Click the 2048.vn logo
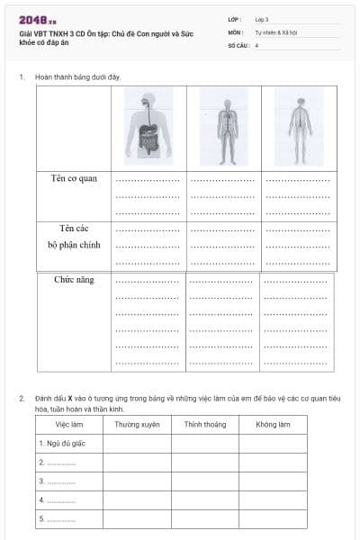tap(38, 20)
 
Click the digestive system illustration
tap(148, 126)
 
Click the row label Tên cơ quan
tap(76, 178)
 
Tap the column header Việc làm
tap(69, 424)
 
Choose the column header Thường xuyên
tap(138, 424)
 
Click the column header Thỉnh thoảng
tap(204, 424)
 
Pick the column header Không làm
tap(273, 424)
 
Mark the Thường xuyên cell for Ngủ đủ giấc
tap(138, 443)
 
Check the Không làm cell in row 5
tap(273, 519)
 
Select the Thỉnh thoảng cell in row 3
tap(204, 481)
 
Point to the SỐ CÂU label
tap(238, 44)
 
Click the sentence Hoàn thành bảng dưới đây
tap(77, 76)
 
